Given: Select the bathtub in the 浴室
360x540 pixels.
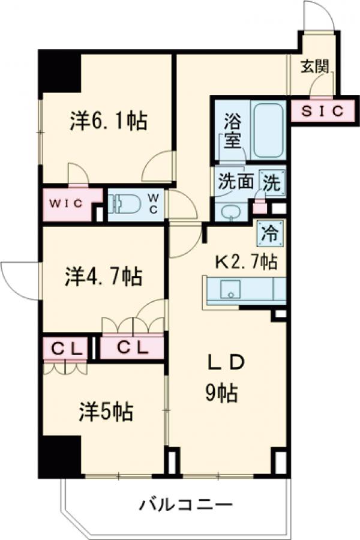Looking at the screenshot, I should click(268, 130).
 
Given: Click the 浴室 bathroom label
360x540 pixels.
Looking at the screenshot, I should click(232, 130).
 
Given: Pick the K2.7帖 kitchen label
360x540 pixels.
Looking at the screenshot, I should click(246, 261).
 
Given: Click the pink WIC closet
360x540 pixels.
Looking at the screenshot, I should click(67, 203).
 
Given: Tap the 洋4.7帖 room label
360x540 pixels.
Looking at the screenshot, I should click(103, 277).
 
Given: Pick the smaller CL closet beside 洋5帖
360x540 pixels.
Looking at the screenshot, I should click(66, 347).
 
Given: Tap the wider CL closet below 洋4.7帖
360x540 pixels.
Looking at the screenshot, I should click(131, 348).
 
